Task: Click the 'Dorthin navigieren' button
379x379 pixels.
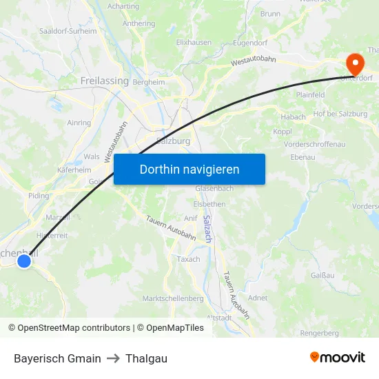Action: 189,169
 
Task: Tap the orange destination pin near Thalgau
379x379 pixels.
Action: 356,64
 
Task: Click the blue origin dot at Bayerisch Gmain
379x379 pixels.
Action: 25,260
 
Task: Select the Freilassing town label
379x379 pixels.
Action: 105,81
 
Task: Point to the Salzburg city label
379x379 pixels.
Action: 173,141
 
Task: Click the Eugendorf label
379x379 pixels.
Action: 249,42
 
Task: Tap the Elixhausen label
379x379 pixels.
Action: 194,42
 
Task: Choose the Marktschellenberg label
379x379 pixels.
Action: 173,298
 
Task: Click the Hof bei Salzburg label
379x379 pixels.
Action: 340,114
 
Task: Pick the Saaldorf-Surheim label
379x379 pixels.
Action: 68,31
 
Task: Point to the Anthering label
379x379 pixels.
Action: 139,23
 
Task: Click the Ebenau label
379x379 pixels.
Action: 303,157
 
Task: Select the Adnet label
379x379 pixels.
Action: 258,298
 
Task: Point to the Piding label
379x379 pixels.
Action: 39,196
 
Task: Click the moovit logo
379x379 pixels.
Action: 338,357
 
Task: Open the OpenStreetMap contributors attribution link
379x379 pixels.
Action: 69,328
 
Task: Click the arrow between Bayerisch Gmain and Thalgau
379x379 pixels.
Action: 113,358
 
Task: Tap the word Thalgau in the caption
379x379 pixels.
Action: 146,358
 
